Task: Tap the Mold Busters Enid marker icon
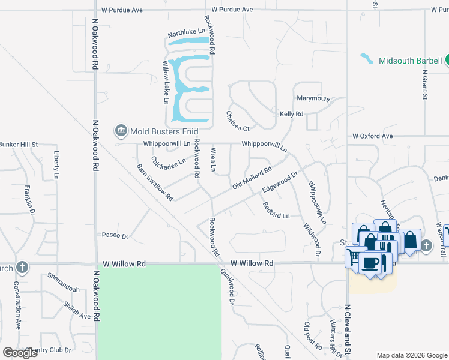pos(120,130)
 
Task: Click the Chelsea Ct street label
pos(237,121)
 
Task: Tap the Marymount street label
pos(313,98)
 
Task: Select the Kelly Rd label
pos(291,113)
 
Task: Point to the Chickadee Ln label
pos(168,163)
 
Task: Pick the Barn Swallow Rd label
pos(155,182)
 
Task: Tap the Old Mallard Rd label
pos(252,179)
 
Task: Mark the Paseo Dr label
pos(115,235)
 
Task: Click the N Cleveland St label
pos(347,329)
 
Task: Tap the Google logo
pos(20,353)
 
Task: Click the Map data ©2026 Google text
pos(411,355)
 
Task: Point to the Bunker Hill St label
pos(19,145)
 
